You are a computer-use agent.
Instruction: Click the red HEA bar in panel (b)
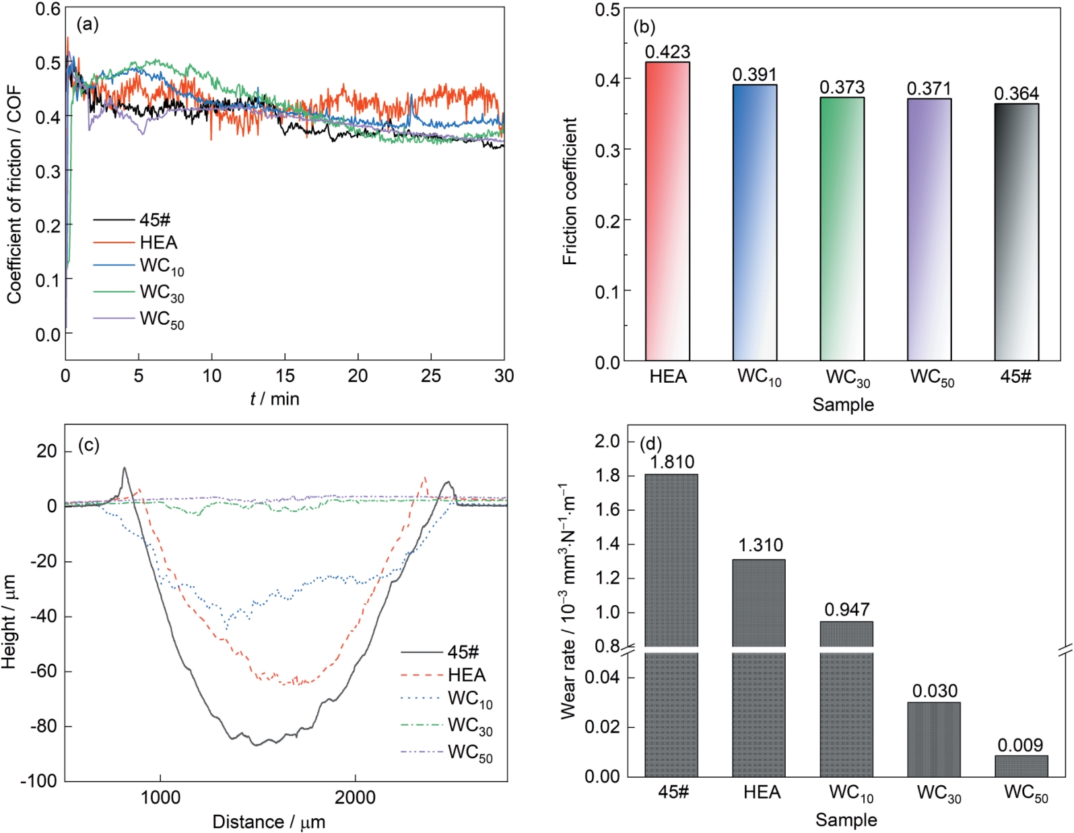(x=667, y=212)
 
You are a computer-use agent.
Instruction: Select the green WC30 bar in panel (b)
(x=842, y=229)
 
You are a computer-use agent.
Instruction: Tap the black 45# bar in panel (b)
(x=1016, y=233)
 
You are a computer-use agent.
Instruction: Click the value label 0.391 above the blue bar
(x=755, y=75)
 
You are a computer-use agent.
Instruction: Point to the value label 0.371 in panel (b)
(x=929, y=89)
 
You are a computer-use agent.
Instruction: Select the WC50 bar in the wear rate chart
(x=1021, y=766)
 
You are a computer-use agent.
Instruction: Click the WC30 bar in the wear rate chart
(x=933, y=740)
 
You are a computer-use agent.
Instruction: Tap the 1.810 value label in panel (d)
(x=671, y=462)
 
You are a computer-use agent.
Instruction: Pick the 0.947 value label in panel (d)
(x=846, y=610)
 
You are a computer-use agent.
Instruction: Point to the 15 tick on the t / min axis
(x=285, y=376)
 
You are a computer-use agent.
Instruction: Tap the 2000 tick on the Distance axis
(x=355, y=798)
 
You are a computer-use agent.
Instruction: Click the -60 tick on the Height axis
(x=43, y=671)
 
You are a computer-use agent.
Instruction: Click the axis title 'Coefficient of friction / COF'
(x=15, y=195)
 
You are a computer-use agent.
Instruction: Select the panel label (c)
(x=89, y=445)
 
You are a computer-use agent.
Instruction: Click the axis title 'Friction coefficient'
(x=570, y=191)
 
